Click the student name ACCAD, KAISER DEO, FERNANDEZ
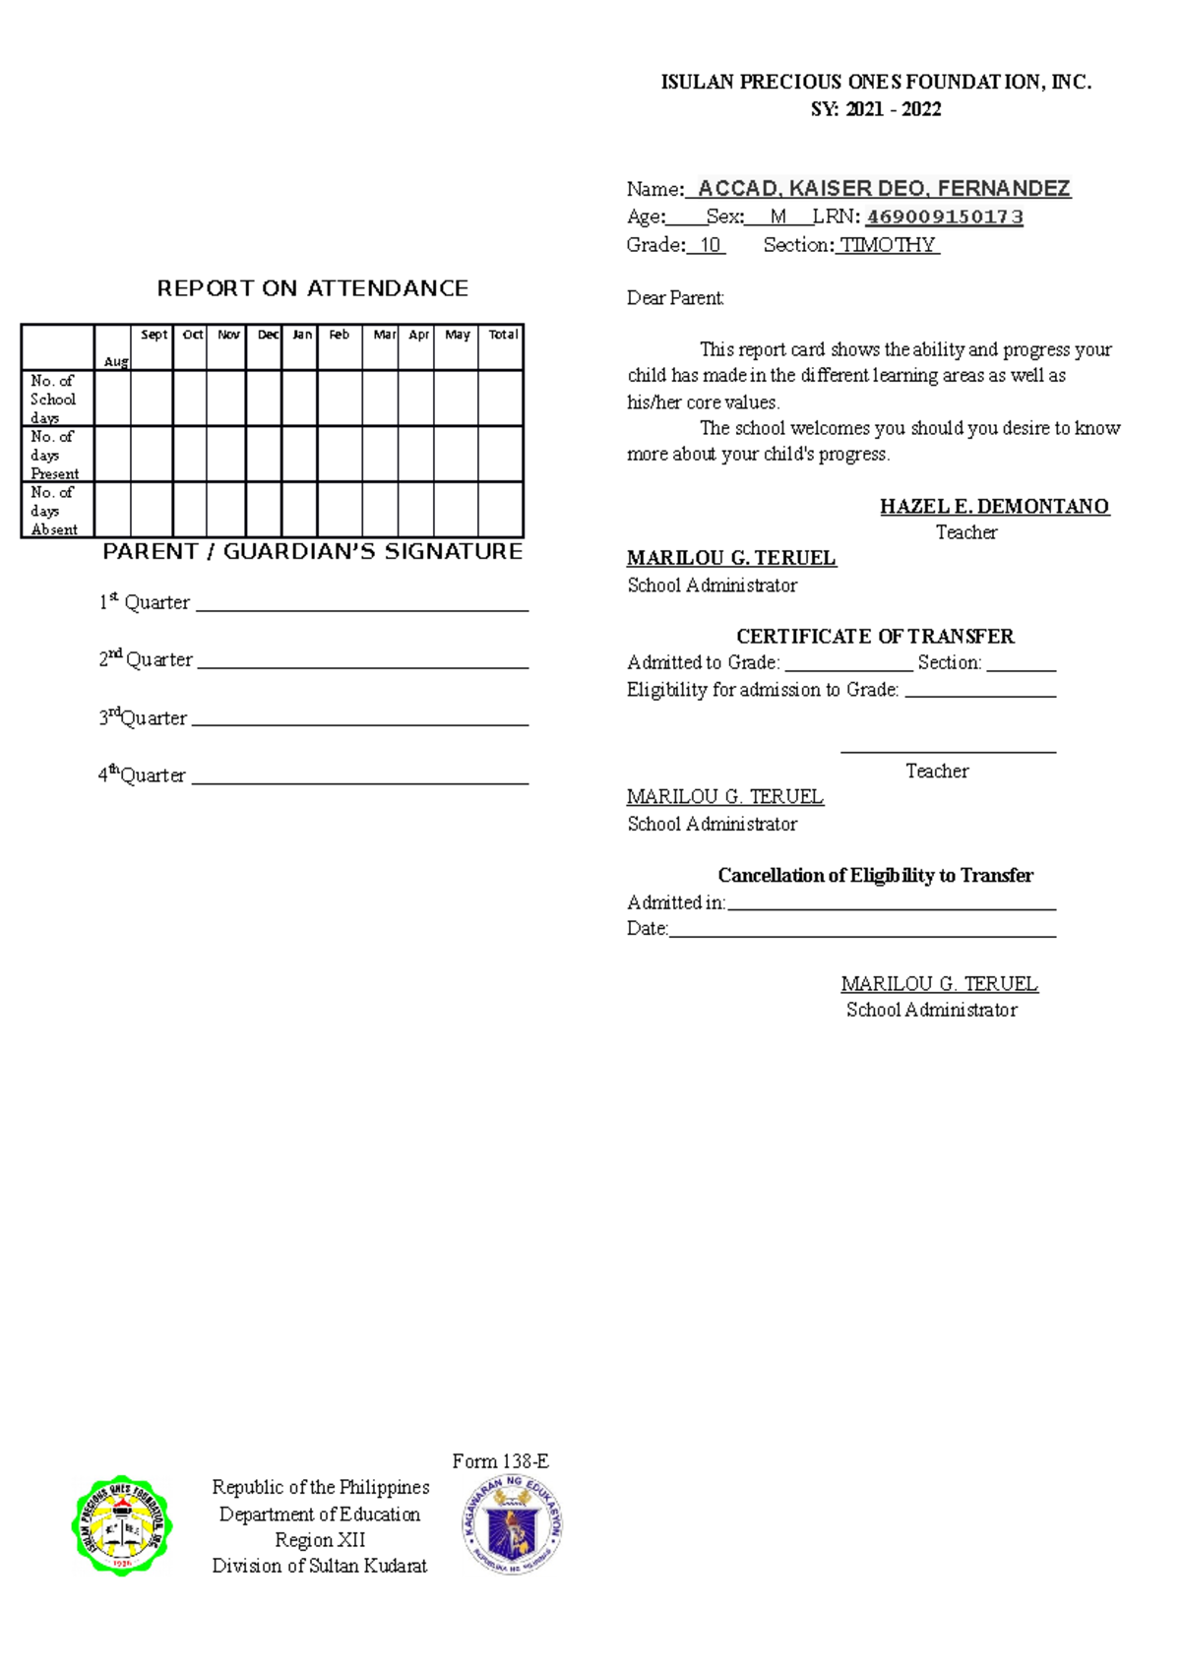click(x=883, y=188)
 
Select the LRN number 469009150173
click(x=944, y=217)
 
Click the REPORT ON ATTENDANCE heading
click(x=312, y=288)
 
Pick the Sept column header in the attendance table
click(x=154, y=335)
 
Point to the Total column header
click(x=503, y=335)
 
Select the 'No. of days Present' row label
click(x=54, y=455)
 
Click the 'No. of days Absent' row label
click(x=54, y=511)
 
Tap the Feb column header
click(x=339, y=335)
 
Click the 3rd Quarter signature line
click(x=360, y=724)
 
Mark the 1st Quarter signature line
click(x=362, y=609)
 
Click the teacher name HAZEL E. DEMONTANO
click(x=994, y=506)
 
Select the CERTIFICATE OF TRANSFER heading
click(x=875, y=636)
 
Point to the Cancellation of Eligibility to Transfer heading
click(x=875, y=875)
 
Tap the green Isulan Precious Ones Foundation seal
click(x=122, y=1525)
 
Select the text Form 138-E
click(x=500, y=1461)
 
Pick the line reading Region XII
click(x=320, y=1540)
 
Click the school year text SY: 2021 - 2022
click(x=875, y=109)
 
